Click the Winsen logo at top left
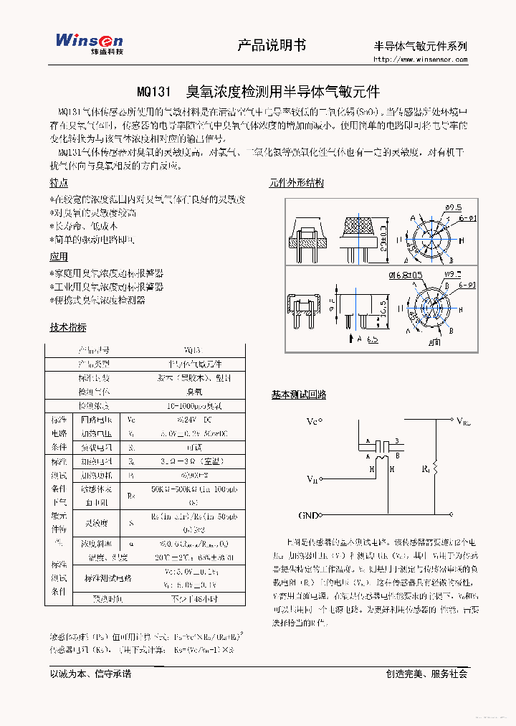[89, 43]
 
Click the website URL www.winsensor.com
[420, 60]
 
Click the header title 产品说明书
[272, 45]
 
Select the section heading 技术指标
[67, 327]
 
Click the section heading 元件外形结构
[296, 183]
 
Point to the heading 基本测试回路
[298, 395]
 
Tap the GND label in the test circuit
[308, 515]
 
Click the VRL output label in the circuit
[464, 421]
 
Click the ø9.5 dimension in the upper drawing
[453, 207]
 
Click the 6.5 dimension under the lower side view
[373, 340]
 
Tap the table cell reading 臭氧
[193, 392]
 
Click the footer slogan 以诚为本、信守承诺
[90, 674]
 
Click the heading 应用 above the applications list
[59, 256]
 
